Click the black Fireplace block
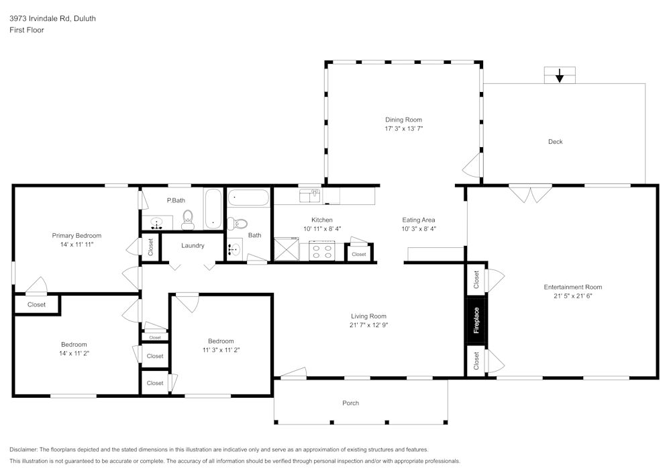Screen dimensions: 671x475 click(x=476, y=320)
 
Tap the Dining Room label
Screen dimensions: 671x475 click(x=403, y=120)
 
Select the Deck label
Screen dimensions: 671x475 click(x=556, y=142)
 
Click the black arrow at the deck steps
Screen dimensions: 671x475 click(x=560, y=76)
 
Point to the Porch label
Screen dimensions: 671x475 click(x=350, y=403)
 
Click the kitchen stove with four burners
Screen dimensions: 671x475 click(x=322, y=251)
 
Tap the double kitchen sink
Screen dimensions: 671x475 click(x=310, y=196)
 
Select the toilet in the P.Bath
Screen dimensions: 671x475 click(x=188, y=220)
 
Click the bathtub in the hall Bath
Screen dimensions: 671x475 click(x=248, y=198)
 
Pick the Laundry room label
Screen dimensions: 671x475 click(x=193, y=246)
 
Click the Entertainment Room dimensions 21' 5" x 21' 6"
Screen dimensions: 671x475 click(x=573, y=296)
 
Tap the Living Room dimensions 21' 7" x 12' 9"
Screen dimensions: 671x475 click(x=368, y=325)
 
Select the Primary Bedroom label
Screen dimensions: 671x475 click(x=76, y=236)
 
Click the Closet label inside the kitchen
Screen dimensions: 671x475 click(x=359, y=255)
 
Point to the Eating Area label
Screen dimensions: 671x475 click(x=419, y=220)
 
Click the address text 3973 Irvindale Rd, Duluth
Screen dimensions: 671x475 click(x=52, y=18)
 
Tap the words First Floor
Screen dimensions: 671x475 click(x=27, y=30)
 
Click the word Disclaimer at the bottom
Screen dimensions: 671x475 click(x=23, y=449)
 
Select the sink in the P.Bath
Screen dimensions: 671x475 click(x=156, y=223)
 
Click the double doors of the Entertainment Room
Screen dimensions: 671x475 click(x=531, y=194)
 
